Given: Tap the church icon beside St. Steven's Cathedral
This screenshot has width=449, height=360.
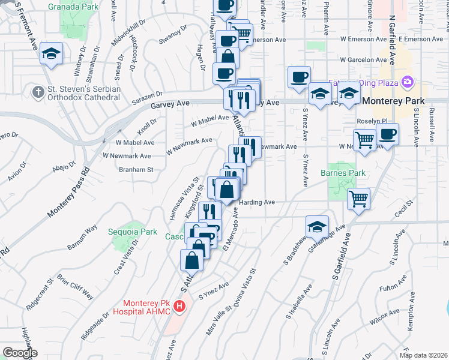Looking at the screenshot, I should pyautogui.click(x=38, y=92).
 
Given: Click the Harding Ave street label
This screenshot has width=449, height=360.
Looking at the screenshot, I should pyautogui.click(x=258, y=202).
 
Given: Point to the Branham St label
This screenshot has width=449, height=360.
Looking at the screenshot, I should pyautogui.click(x=136, y=170).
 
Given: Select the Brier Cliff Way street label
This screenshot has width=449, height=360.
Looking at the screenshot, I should pyautogui.click(x=76, y=286).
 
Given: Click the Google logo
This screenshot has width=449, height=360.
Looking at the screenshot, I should pyautogui.click(x=20, y=353).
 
